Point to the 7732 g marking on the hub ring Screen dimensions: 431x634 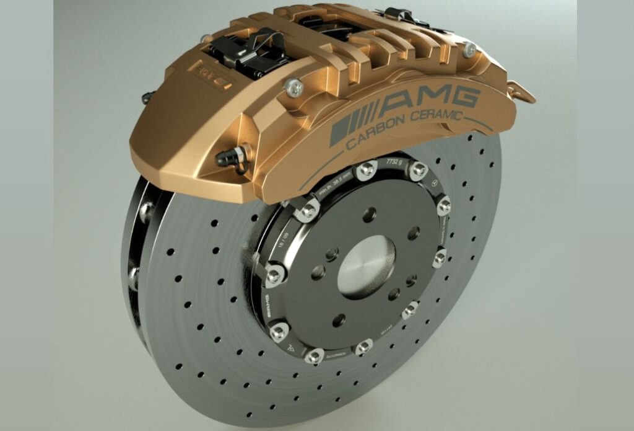[x=394, y=162]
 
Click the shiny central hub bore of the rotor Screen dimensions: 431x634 [x=366, y=259]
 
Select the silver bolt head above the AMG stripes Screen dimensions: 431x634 [x=295, y=89]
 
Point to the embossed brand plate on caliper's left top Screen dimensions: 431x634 [x=214, y=81]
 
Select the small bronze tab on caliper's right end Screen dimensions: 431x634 [x=521, y=93]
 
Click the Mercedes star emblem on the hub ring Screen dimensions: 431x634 [x=435, y=183]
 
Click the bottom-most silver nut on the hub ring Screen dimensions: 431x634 [x=315, y=356]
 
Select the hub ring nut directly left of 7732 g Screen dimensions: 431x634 [x=367, y=169]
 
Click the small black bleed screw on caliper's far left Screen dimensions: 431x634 [x=147, y=97]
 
